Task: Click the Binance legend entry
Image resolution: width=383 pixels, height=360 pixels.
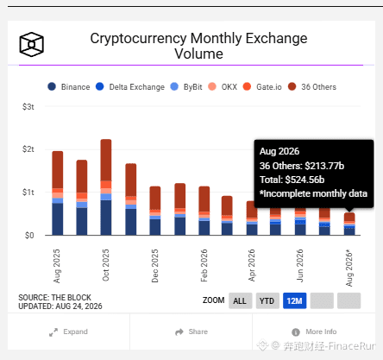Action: [x=69, y=86]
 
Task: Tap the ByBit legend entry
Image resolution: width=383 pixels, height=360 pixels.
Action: [x=186, y=86]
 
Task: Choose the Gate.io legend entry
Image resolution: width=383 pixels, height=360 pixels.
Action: [x=262, y=86]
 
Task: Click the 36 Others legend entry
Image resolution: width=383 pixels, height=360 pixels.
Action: [x=312, y=86]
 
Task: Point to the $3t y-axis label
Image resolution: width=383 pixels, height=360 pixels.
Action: [x=28, y=107]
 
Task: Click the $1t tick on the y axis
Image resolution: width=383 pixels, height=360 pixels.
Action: [x=28, y=192]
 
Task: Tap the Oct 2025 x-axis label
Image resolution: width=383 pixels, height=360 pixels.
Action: [x=106, y=265]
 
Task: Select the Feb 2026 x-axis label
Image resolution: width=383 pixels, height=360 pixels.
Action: [x=204, y=265]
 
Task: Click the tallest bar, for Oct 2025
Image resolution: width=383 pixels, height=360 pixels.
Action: [x=106, y=187]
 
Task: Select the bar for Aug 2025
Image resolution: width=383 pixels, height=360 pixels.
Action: [x=58, y=193]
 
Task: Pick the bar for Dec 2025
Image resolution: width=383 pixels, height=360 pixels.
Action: [x=155, y=211]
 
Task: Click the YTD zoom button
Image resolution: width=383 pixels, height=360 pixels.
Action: [x=267, y=300]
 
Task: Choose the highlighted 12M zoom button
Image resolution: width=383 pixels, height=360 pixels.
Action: [x=295, y=300]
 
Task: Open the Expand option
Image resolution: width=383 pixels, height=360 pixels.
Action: [x=68, y=332]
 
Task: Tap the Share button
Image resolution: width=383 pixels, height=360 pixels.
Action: [x=191, y=332]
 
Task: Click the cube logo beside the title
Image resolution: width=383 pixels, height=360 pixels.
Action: [x=32, y=44]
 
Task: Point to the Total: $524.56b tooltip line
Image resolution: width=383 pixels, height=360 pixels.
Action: [x=292, y=180]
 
